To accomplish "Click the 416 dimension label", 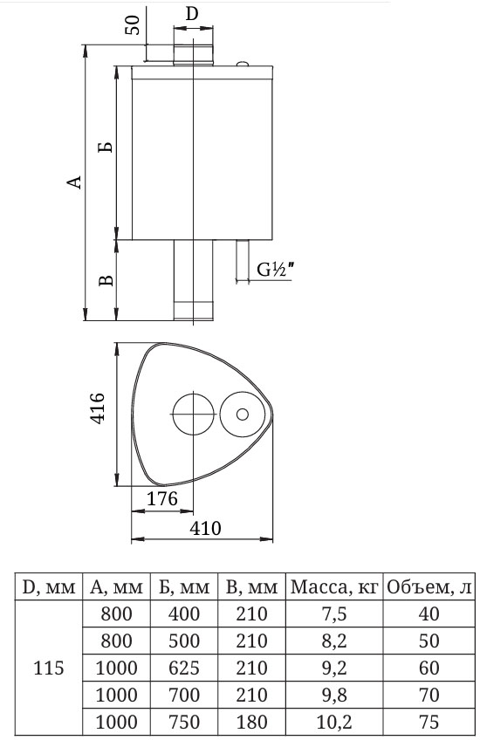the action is click(97, 408).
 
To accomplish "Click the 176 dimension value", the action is click(162, 498).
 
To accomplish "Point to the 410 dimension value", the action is click(205, 528).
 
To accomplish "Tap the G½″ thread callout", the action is click(275, 270).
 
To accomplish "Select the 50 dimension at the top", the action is click(134, 24).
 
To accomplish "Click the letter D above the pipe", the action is click(192, 14).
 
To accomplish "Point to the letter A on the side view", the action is click(74, 182).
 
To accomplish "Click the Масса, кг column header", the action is click(334, 586).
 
